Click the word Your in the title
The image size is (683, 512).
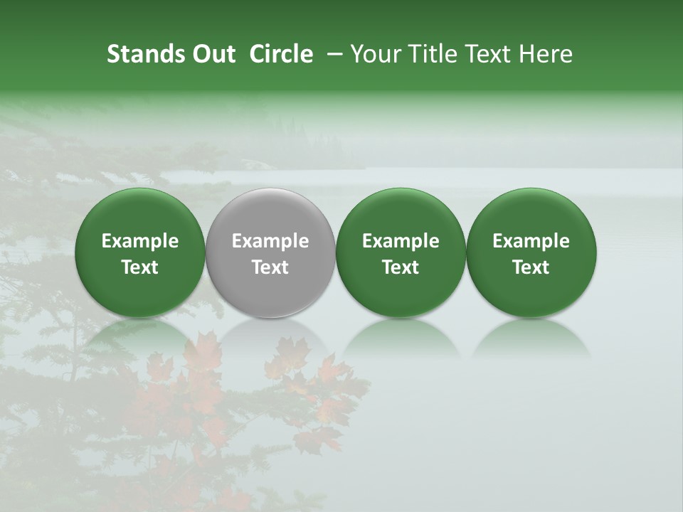pos(375,55)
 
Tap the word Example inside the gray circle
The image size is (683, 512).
pos(270,242)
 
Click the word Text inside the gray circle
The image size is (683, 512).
pos(270,267)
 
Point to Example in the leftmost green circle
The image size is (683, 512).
pos(139,242)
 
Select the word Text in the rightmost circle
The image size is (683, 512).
pos(531,267)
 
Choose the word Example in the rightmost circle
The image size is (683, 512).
pos(531,242)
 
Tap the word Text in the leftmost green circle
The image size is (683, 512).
pos(139,267)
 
